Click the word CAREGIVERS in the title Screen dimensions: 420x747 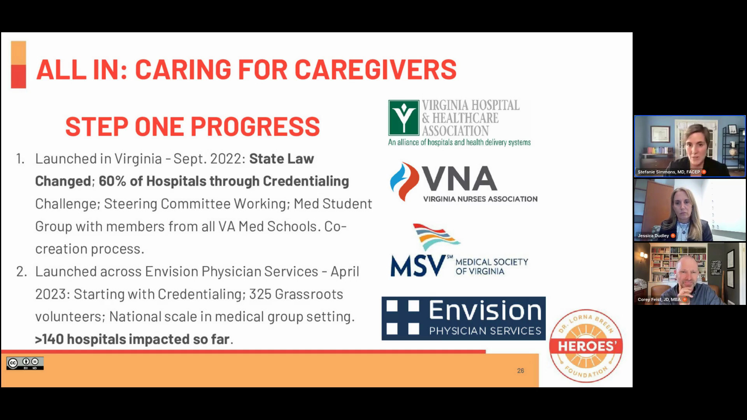coord(375,70)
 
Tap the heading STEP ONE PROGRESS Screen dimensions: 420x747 coord(192,126)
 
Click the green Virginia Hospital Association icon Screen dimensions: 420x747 coord(403,117)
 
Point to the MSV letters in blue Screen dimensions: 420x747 coord(418,266)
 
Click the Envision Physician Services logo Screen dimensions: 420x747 coord(463,318)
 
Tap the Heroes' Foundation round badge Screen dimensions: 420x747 coord(586,346)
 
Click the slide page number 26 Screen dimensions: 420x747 coord(520,371)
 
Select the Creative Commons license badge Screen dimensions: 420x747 coord(25,363)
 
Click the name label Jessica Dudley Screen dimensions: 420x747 coord(653,236)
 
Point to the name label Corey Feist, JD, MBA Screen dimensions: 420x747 coord(659,299)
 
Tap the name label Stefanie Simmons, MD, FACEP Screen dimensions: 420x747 coord(668,172)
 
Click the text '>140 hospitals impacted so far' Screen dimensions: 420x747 coord(133,339)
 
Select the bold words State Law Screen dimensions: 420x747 coord(281,159)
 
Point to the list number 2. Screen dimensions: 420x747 coord(21,271)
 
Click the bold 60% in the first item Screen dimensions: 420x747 coord(112,181)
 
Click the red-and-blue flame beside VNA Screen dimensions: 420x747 coord(404,182)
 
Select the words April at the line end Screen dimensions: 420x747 coord(345,271)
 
